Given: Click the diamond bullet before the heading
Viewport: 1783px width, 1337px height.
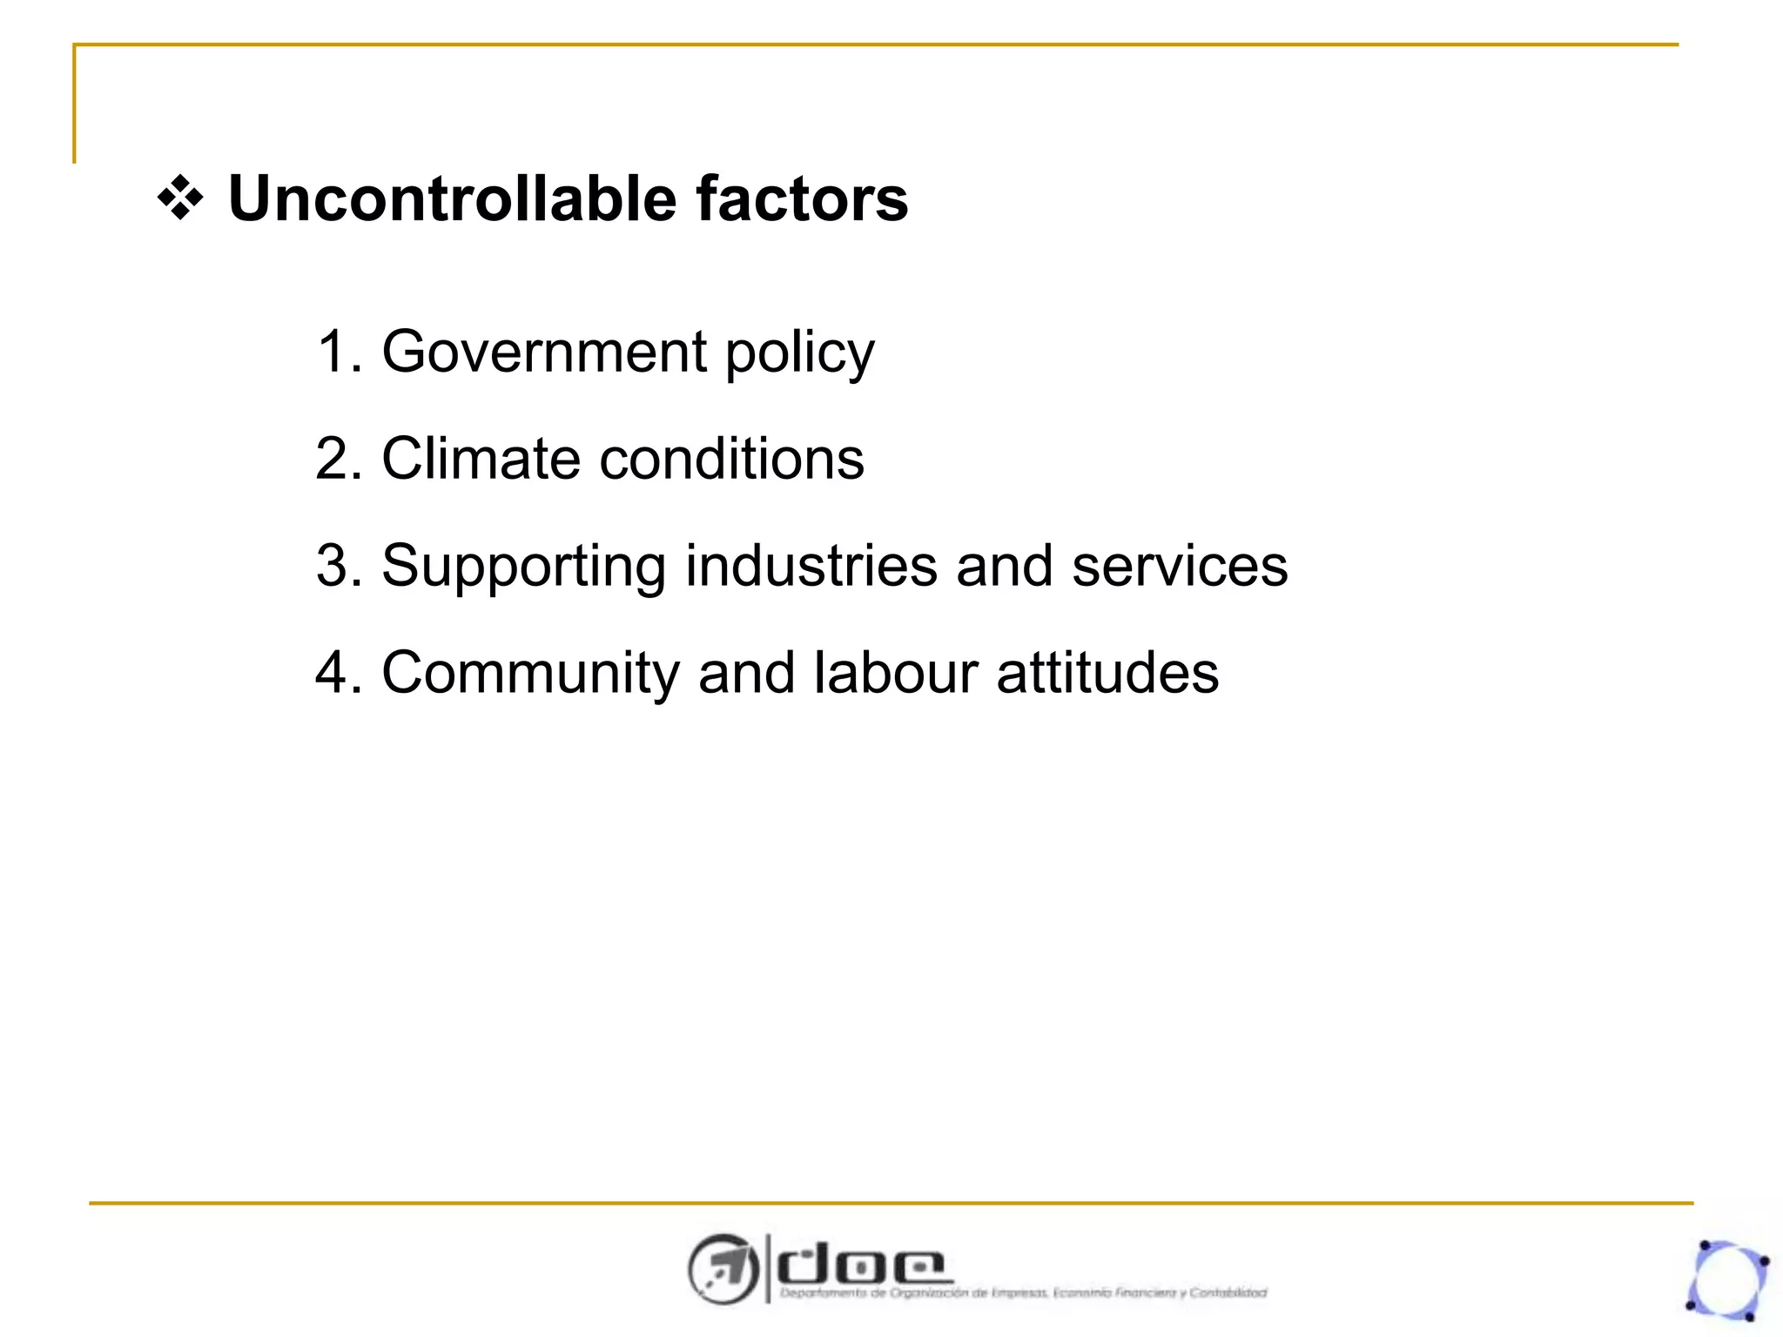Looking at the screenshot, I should (180, 198).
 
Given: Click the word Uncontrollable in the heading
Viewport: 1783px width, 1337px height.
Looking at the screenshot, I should (452, 198).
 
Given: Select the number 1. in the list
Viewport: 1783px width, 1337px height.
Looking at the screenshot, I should (339, 352).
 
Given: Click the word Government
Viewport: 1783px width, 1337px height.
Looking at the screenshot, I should (544, 352).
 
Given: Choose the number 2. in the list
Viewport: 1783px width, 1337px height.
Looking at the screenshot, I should (339, 459).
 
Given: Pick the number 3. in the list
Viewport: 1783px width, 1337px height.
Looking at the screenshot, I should (339, 566).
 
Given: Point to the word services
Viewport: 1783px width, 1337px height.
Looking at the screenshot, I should (1180, 566).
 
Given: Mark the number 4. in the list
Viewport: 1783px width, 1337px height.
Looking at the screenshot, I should (339, 673).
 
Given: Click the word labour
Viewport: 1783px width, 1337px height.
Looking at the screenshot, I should (896, 673).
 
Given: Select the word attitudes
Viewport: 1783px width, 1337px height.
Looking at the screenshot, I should (1107, 673).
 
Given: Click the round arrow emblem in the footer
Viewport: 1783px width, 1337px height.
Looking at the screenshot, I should (722, 1269).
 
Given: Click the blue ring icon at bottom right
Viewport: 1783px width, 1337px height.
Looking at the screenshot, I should (1727, 1280).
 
